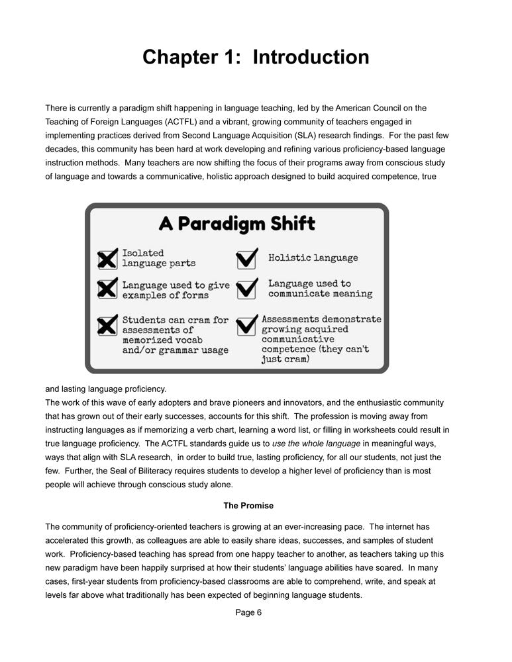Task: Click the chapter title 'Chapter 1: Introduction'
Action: coord(256,57)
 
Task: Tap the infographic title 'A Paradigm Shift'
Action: coord(236,223)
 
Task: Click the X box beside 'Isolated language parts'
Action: coord(107,259)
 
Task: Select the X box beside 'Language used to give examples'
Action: coord(107,289)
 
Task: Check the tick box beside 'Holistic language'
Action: coord(246,258)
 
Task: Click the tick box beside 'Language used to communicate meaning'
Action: coord(246,289)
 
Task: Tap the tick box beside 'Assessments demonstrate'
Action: coord(246,324)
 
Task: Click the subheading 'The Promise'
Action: coord(248,506)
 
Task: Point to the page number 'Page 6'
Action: coord(248,612)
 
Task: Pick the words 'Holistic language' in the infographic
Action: coord(313,258)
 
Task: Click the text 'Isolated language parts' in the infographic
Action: coord(159,258)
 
